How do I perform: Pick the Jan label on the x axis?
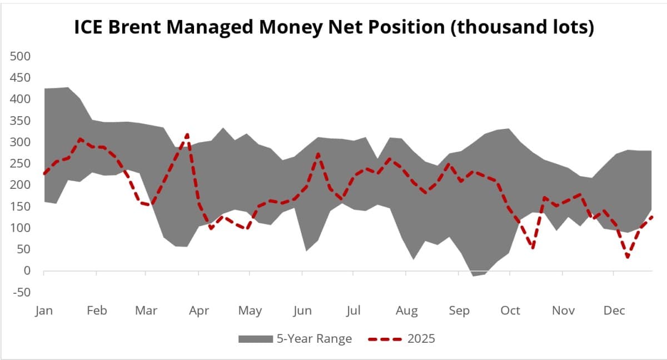click(x=44, y=311)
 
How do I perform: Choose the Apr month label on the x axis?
click(x=199, y=311)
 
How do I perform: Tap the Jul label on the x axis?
click(x=354, y=311)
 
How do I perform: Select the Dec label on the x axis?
click(x=614, y=311)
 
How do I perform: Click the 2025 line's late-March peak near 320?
click(x=187, y=134)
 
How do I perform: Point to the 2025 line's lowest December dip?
click(x=628, y=257)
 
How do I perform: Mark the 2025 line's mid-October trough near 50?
click(x=533, y=248)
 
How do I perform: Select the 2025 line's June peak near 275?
click(x=317, y=154)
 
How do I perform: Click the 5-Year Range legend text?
click(x=314, y=339)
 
